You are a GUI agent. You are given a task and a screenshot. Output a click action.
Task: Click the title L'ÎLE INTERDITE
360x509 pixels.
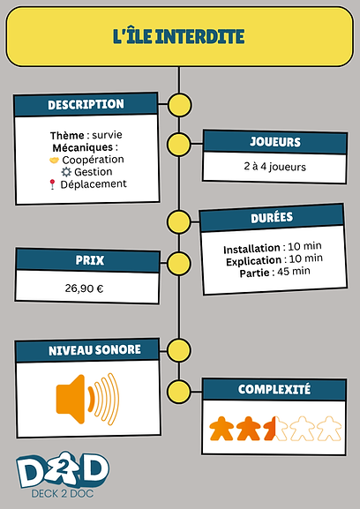[x=178, y=36]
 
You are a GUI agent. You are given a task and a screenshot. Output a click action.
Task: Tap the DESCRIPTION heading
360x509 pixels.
[x=86, y=104]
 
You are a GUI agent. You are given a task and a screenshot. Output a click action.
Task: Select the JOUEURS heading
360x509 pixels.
[x=275, y=142]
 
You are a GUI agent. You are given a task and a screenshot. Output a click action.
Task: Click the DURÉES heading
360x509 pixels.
[x=272, y=217]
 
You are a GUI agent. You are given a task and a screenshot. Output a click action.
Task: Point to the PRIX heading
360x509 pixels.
[x=90, y=260]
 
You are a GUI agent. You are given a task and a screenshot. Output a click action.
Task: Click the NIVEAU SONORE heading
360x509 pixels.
[x=94, y=350]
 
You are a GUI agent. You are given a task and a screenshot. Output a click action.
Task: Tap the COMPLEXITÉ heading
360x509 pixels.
[x=274, y=389]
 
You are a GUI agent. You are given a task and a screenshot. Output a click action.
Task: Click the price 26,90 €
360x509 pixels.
[x=84, y=288]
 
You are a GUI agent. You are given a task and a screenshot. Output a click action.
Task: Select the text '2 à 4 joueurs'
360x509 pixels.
[x=275, y=167]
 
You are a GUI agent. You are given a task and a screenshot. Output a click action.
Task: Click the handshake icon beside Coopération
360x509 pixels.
[x=54, y=160]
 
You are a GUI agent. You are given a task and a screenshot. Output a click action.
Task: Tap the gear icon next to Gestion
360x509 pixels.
[x=66, y=172]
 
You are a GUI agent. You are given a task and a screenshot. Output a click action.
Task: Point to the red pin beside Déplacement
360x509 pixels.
[x=52, y=184]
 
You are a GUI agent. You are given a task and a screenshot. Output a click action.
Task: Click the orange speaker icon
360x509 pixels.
[x=87, y=399]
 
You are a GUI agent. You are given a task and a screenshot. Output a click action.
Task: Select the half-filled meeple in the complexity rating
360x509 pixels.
[x=275, y=429]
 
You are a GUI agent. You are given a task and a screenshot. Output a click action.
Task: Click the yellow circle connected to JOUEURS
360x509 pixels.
[x=179, y=145]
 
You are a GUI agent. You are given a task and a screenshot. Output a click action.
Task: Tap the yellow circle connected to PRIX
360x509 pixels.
[x=179, y=263]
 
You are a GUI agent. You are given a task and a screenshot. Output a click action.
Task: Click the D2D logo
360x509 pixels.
[x=63, y=469]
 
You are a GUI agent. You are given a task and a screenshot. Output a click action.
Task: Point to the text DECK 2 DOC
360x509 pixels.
[x=63, y=494]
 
